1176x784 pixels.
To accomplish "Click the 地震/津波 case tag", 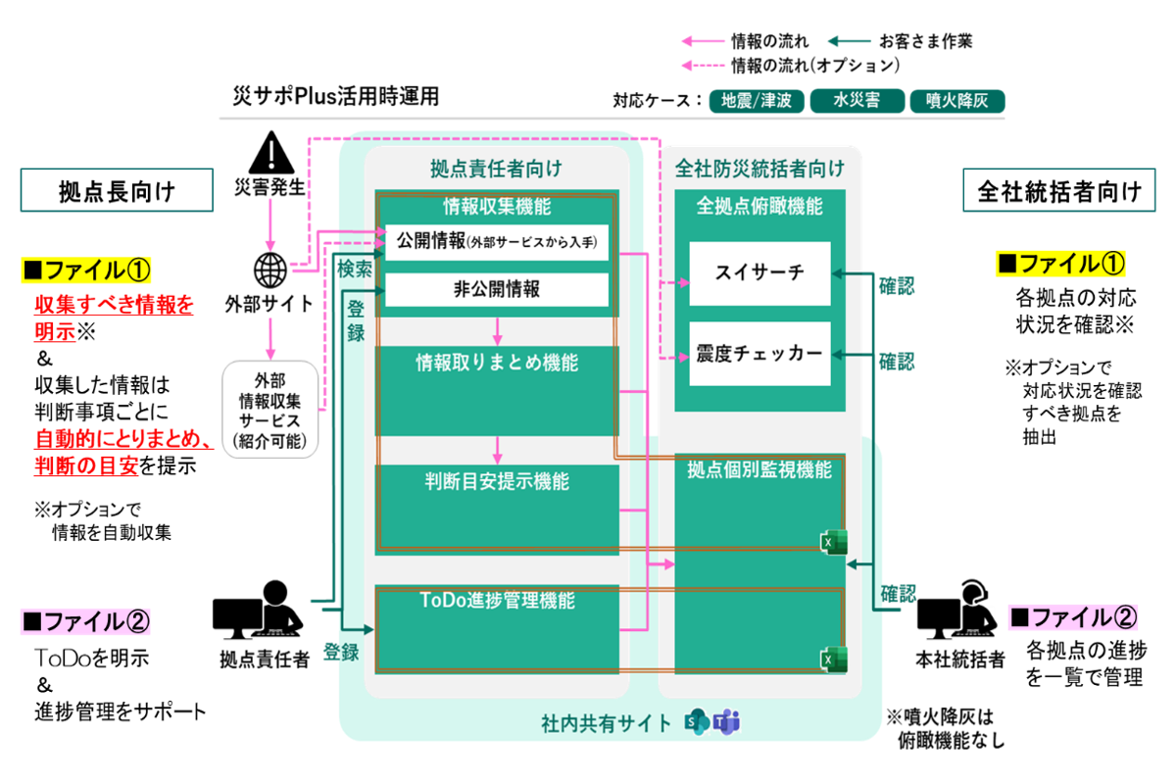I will click(757, 101).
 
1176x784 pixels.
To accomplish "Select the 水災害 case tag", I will click(856, 101).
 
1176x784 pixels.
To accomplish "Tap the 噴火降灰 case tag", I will click(955, 101).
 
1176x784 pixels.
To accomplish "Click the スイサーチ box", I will click(759, 272).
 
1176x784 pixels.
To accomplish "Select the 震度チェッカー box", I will click(759, 353).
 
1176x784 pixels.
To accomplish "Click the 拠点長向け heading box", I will click(118, 191).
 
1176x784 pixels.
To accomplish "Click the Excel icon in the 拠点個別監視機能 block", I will click(833, 542).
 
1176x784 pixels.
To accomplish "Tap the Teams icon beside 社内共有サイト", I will click(727, 723).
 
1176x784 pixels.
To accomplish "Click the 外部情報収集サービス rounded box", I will click(271, 410).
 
